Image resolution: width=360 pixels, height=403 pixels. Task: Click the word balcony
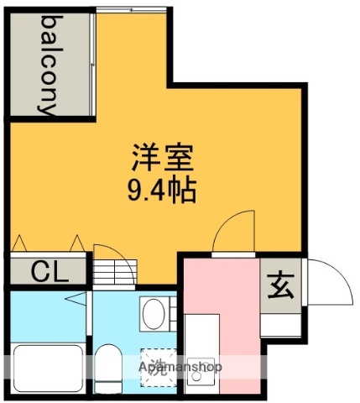click(49, 64)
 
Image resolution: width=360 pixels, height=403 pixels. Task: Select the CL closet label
click(48, 271)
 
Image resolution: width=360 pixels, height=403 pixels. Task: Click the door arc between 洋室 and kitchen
click(233, 230)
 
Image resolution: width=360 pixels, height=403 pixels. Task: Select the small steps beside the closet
click(107, 274)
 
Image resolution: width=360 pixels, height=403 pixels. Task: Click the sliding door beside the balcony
click(92, 64)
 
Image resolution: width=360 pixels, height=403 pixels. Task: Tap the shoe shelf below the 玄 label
click(279, 324)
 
